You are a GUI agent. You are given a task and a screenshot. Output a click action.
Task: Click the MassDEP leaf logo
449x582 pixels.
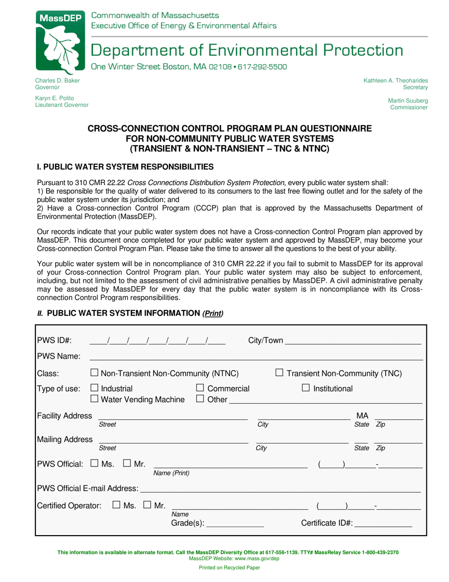point(59,41)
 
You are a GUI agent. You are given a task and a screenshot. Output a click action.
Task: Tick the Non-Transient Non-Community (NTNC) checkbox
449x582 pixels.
point(94,373)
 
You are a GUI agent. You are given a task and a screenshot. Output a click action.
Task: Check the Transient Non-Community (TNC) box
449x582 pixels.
point(280,373)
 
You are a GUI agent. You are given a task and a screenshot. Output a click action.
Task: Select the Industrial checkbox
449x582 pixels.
point(94,389)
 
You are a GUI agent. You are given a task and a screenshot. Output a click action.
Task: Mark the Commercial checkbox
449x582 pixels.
point(200,389)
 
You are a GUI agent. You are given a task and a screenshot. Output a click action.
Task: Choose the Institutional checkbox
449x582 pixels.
point(306,389)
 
